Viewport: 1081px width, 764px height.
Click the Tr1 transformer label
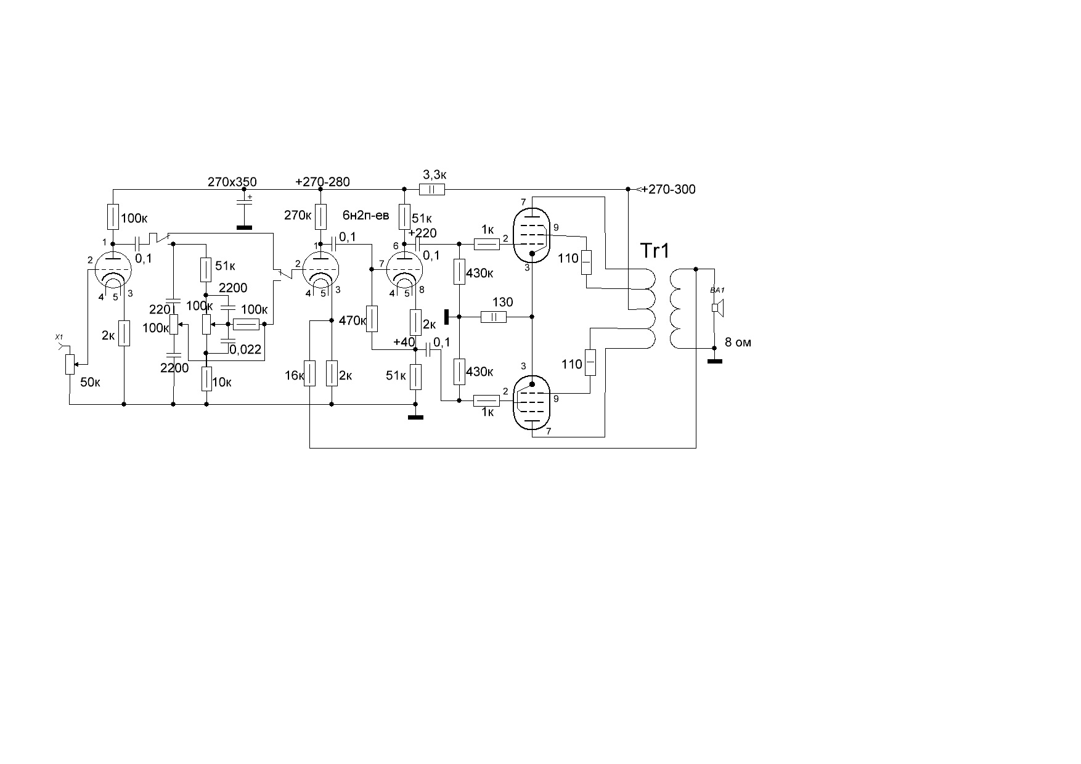[655, 251]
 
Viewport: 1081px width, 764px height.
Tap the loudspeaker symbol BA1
[718, 307]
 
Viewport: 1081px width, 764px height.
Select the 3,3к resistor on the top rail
[432, 189]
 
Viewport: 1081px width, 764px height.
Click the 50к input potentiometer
[70, 364]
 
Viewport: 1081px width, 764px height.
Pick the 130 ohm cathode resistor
[493, 317]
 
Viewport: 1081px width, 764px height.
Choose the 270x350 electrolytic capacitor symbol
[245, 201]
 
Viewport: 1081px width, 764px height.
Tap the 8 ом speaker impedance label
[738, 343]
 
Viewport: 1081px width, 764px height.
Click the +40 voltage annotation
[404, 343]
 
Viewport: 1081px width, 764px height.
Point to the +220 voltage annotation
[422, 233]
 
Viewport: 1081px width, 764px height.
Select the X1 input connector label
[59, 336]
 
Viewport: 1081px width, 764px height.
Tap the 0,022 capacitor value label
[245, 350]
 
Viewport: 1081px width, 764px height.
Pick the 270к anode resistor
[320, 216]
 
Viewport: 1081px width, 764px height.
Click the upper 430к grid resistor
[459, 272]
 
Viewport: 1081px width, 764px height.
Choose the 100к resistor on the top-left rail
[113, 216]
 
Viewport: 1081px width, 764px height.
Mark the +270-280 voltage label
[323, 182]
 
